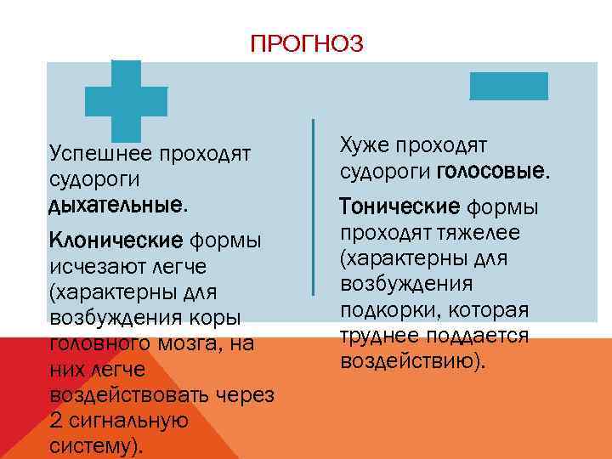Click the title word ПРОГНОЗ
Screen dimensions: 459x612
click(x=306, y=43)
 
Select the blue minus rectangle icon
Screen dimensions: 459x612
click(x=509, y=86)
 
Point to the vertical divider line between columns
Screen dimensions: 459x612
click(x=314, y=207)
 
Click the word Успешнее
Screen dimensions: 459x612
click(x=100, y=154)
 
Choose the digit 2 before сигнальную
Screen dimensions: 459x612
click(x=56, y=421)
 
